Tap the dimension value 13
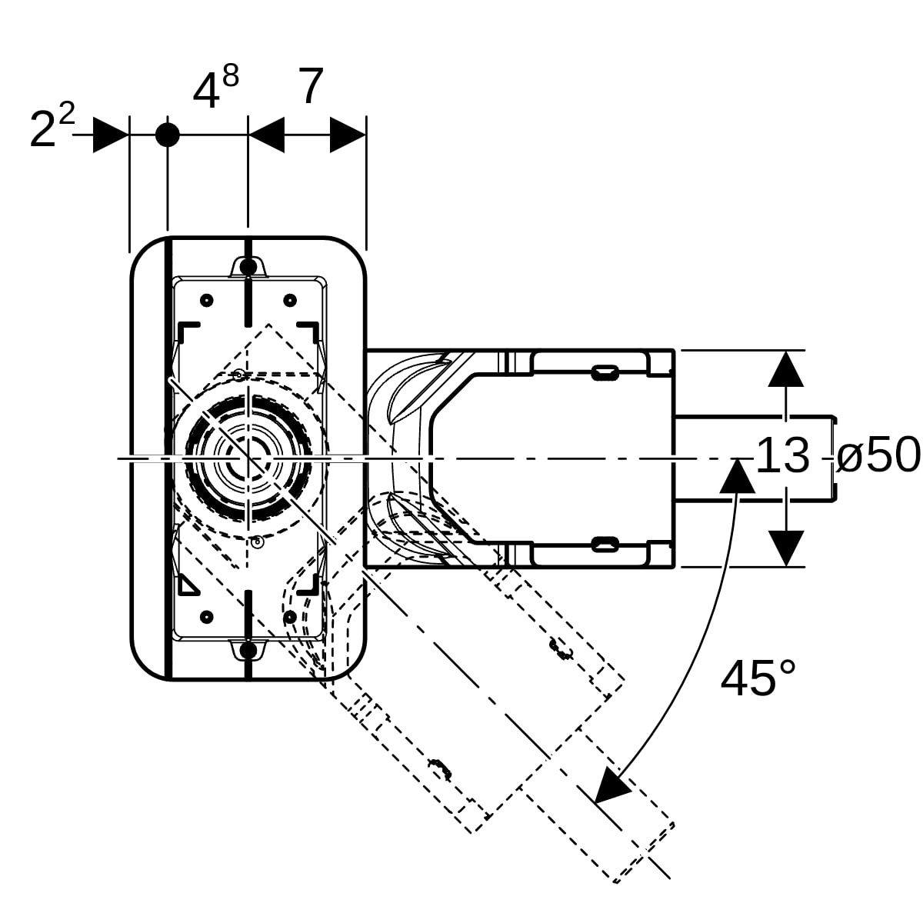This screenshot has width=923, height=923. (x=782, y=455)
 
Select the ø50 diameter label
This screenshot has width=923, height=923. (x=878, y=455)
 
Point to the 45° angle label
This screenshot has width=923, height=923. (x=758, y=678)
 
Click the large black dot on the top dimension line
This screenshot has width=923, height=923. (x=167, y=135)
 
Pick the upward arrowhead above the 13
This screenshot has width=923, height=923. (x=785, y=368)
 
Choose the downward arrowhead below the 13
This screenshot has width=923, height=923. (x=785, y=548)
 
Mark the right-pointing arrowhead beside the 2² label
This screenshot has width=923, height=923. (x=110, y=135)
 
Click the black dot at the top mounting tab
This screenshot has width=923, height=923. (x=248, y=267)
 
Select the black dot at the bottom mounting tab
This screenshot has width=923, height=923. (x=248, y=651)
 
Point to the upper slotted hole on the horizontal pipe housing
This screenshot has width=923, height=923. (x=604, y=373)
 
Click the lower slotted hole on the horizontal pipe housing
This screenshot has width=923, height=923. (x=604, y=545)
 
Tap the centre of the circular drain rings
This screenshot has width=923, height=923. (x=248, y=459)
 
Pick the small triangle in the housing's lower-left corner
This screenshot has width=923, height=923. (x=187, y=585)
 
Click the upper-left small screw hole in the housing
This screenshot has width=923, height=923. (x=206, y=300)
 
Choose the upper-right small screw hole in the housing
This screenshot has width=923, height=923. (x=290, y=300)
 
